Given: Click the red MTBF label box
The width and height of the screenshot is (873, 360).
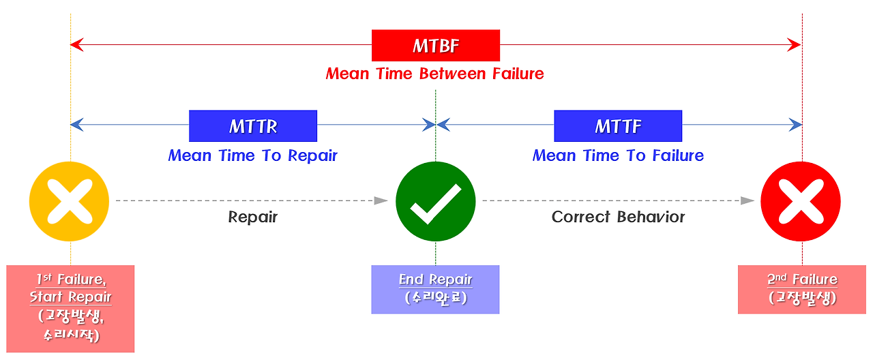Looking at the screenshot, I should point(435,46).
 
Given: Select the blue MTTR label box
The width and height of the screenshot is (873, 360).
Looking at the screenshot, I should point(252,125).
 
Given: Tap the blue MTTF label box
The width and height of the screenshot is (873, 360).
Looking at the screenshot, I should point(617,125).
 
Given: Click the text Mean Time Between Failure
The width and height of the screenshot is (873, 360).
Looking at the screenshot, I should point(435,74).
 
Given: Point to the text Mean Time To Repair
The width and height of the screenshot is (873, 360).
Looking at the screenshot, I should point(252,155).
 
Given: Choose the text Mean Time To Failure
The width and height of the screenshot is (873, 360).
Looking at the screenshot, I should point(617,155).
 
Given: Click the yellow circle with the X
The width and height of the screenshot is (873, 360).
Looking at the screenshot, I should point(69,202).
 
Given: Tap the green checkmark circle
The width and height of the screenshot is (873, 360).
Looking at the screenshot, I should point(435,202).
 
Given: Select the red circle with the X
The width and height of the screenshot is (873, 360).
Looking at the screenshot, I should point(801,202).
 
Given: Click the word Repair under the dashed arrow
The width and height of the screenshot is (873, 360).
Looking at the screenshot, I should point(252,217).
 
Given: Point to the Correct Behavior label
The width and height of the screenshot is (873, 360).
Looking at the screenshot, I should point(618,217).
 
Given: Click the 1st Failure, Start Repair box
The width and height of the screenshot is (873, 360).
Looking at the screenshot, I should point(70,308).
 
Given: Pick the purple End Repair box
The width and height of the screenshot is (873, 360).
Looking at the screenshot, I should point(435,289).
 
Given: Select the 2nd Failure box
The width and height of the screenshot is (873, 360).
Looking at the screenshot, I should point(801,289).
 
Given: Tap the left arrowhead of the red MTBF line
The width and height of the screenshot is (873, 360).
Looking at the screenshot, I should point(76,46).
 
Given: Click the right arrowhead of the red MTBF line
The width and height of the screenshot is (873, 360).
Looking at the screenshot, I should point(795,46).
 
